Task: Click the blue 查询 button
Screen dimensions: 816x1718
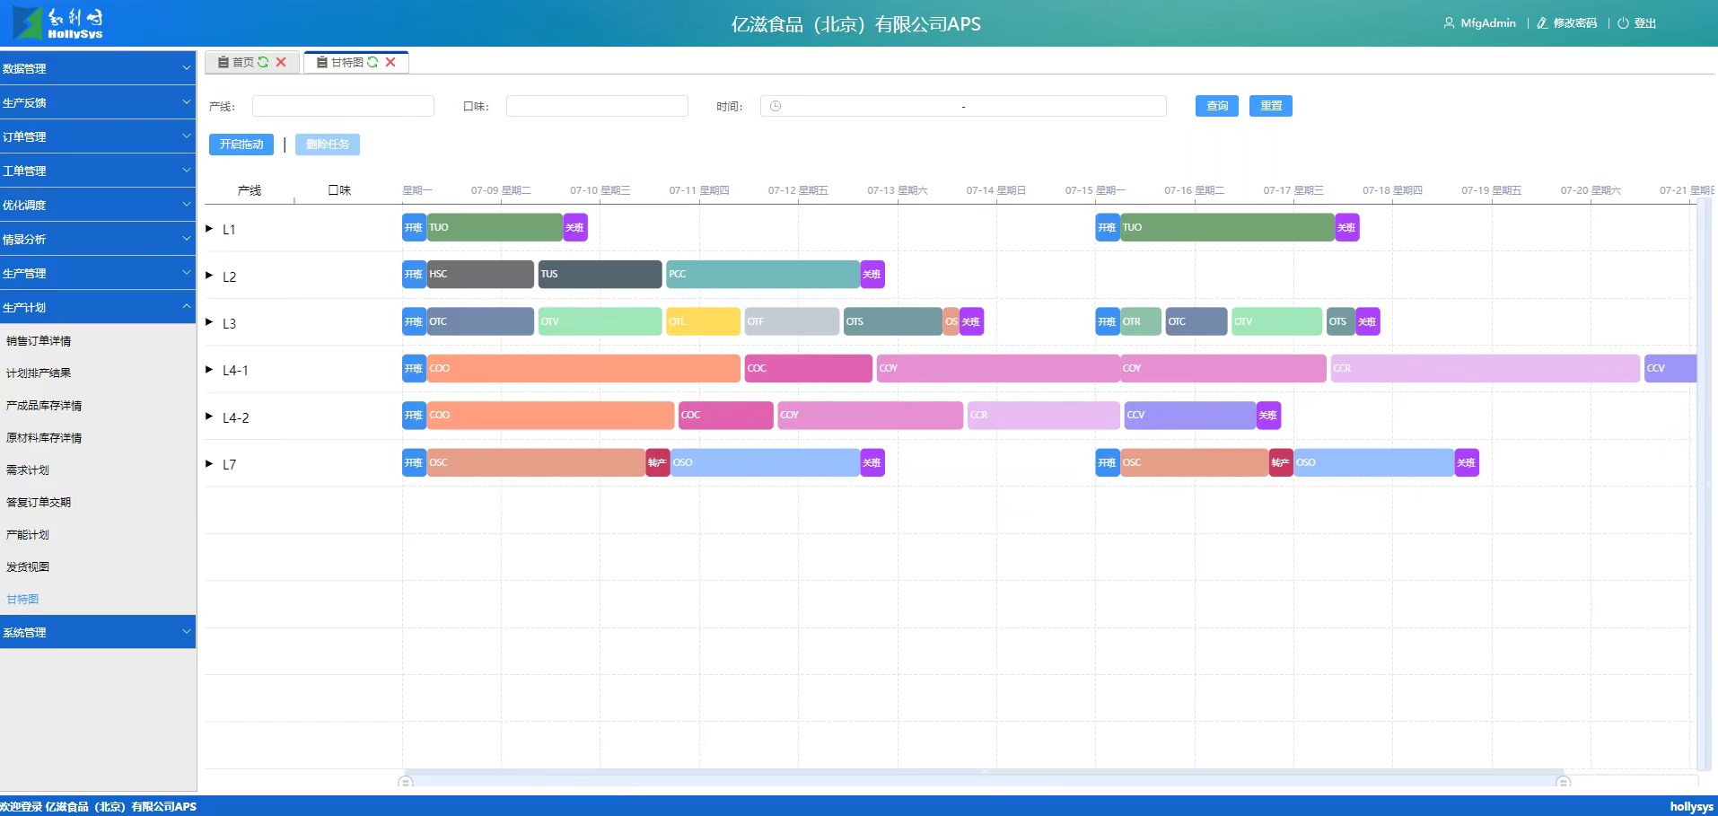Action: click(x=1216, y=106)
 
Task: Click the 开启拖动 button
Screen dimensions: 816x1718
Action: click(x=241, y=145)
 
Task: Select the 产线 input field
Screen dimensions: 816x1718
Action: click(x=343, y=106)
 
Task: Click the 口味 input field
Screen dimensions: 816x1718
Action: click(x=597, y=106)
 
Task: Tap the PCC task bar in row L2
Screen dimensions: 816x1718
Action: click(x=762, y=275)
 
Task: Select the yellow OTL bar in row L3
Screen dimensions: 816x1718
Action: click(x=703, y=321)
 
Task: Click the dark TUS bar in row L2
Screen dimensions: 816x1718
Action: click(x=600, y=275)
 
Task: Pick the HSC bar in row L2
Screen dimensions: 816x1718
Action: click(x=480, y=275)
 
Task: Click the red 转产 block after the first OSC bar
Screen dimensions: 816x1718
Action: click(x=657, y=463)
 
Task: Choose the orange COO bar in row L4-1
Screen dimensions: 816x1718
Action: click(x=583, y=369)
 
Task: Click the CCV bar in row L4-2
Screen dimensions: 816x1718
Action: click(x=1189, y=416)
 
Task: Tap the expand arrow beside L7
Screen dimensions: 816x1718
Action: click(x=209, y=464)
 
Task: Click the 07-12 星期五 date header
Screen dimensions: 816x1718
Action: click(x=798, y=190)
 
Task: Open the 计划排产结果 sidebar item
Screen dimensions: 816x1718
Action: click(x=39, y=373)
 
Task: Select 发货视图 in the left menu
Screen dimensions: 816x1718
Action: click(x=28, y=567)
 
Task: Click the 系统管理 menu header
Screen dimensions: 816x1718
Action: click(x=97, y=632)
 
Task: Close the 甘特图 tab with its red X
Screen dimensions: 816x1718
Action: click(x=390, y=62)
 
